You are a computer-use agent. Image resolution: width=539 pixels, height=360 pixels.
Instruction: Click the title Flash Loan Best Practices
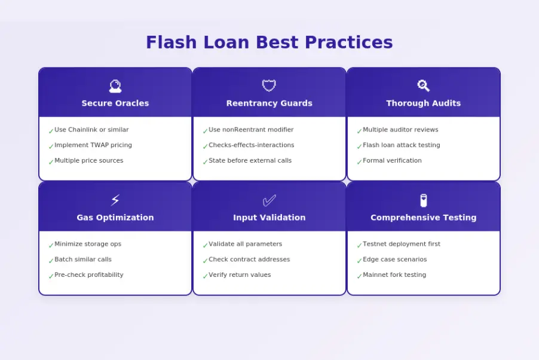pyautogui.click(x=269, y=42)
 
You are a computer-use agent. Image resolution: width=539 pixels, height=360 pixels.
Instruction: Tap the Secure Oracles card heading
pyautogui.click(x=115, y=103)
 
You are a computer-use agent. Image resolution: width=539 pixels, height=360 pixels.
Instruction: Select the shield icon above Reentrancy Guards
pyautogui.click(x=269, y=86)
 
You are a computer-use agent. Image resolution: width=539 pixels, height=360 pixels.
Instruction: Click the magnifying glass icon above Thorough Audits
pyautogui.click(x=423, y=86)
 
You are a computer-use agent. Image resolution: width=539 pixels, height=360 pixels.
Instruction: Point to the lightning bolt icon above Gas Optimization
pyautogui.click(x=115, y=200)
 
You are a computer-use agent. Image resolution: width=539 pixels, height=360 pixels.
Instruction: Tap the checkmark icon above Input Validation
pyautogui.click(x=269, y=200)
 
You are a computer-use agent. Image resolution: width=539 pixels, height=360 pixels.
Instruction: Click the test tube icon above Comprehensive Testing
pyautogui.click(x=423, y=200)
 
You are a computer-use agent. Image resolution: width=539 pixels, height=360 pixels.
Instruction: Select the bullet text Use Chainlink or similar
pyautogui.click(x=91, y=130)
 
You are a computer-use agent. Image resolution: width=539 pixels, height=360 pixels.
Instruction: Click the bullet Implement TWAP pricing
pyautogui.click(x=93, y=145)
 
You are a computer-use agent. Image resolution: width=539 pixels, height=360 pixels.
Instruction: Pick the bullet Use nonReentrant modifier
pyautogui.click(x=251, y=130)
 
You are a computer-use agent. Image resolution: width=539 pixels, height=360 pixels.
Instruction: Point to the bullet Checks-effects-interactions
pyautogui.click(x=251, y=145)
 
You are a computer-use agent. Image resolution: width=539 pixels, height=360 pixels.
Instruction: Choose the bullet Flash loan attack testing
pyautogui.click(x=401, y=145)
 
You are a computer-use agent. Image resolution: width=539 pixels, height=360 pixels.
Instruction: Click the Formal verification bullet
pyautogui.click(x=392, y=161)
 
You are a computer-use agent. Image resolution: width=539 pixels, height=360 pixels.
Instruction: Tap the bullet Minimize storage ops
pyautogui.click(x=88, y=244)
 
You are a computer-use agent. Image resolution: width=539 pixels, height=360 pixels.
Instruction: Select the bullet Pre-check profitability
pyautogui.click(x=89, y=275)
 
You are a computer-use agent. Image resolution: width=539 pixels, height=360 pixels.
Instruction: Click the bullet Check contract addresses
pyautogui.click(x=249, y=260)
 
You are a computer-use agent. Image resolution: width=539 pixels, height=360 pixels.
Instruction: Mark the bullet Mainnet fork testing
pyautogui.click(x=394, y=275)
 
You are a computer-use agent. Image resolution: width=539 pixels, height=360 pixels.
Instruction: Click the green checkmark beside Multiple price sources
pyautogui.click(x=51, y=161)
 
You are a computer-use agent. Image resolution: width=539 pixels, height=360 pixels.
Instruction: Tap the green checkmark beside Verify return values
pyautogui.click(x=205, y=276)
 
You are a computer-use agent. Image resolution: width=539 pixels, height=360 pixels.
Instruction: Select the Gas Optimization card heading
pyautogui.click(x=115, y=218)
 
